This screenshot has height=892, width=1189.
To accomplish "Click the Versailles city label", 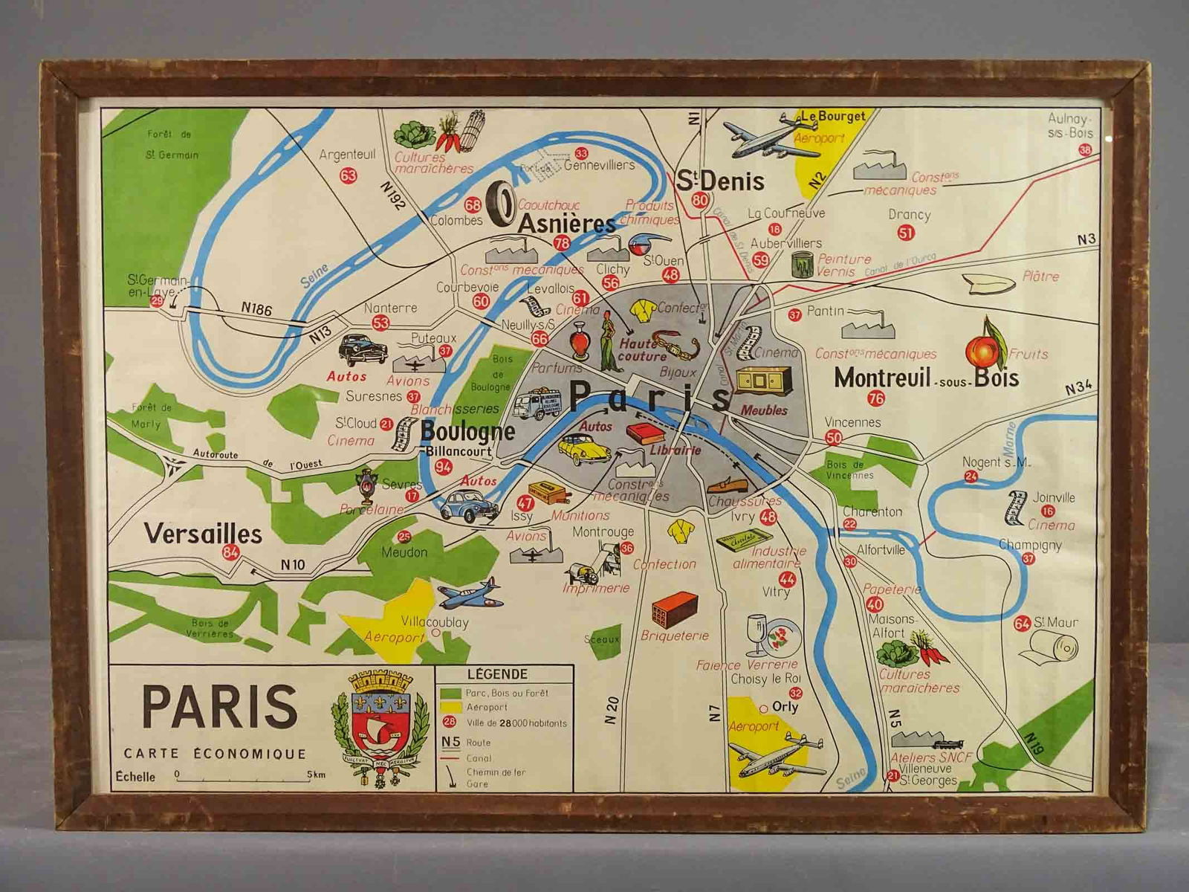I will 202,533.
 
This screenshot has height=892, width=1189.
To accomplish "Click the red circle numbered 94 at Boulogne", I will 444,467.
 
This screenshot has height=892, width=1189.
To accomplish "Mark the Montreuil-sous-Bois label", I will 925,378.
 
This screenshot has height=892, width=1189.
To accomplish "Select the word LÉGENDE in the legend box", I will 497,674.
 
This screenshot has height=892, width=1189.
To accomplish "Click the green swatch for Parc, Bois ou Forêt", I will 450,693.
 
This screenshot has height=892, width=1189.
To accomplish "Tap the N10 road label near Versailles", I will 292,565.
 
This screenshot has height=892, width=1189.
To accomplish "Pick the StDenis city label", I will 719,181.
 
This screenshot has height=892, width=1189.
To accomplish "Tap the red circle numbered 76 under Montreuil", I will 876,398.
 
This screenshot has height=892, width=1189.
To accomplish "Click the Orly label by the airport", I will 785,706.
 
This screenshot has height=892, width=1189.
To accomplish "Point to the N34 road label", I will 1078,388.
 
